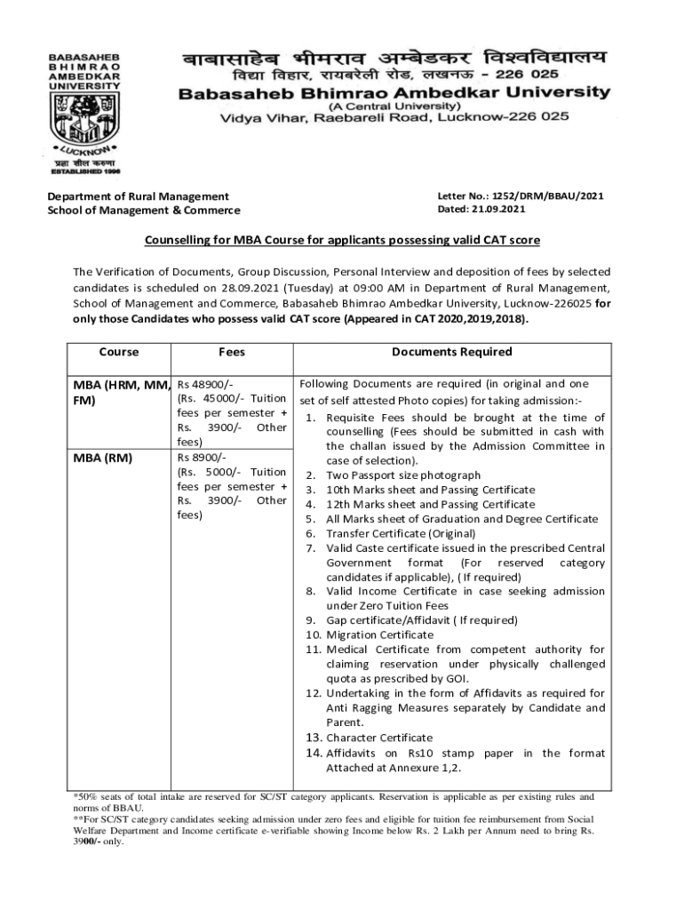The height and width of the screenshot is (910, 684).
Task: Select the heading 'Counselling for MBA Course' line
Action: coord(342,241)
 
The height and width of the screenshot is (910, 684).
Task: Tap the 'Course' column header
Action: coord(119,352)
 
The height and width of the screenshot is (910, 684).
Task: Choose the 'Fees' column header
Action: coord(232,352)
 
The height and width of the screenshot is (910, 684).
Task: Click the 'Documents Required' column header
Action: coord(451,352)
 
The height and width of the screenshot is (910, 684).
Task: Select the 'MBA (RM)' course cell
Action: coord(100,459)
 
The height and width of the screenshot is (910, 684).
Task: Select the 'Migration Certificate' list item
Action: coord(379,635)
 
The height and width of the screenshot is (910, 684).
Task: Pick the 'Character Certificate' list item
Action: coord(379,737)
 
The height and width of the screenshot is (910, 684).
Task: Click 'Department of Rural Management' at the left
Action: coord(138,196)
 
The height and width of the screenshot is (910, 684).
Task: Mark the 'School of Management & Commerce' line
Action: coord(144,210)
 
